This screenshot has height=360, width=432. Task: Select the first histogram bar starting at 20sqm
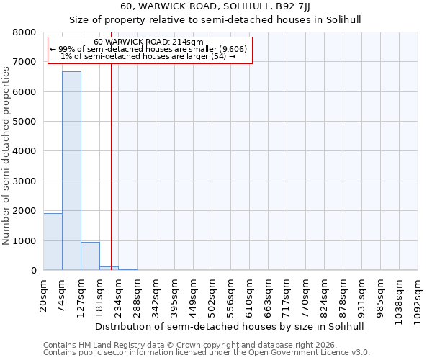[x=53, y=242]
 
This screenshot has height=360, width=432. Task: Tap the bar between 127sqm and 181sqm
[x=90, y=256]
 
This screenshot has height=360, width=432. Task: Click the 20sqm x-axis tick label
[x=44, y=294]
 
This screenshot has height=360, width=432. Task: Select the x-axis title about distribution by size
[x=230, y=326]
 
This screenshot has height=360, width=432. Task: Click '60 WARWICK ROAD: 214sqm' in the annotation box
[x=148, y=42]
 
